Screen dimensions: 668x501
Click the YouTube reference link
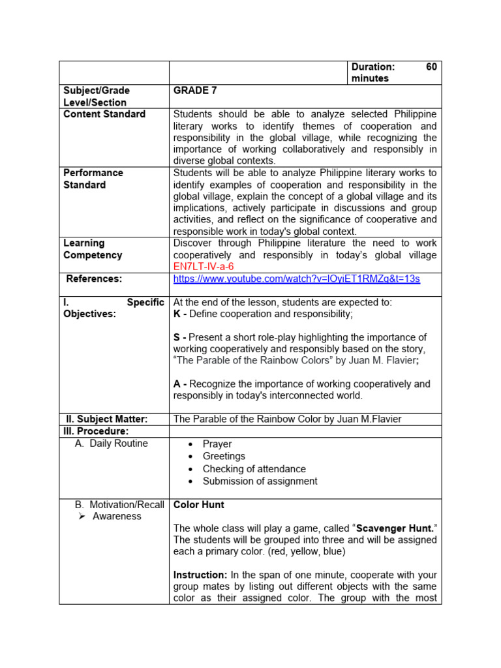[x=296, y=279]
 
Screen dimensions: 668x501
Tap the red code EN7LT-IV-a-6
[x=203, y=267]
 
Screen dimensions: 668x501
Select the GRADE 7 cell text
[x=191, y=91]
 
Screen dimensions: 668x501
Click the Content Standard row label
[x=104, y=114]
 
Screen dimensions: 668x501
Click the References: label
[x=94, y=279]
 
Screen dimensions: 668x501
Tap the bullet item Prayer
[x=217, y=444]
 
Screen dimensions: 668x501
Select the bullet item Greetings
[x=224, y=457]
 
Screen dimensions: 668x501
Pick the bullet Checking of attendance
[x=254, y=469]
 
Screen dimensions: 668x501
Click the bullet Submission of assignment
[x=260, y=481]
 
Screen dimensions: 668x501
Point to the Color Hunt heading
[x=198, y=505]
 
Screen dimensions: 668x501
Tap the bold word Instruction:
[x=200, y=575]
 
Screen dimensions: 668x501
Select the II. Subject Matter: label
[x=107, y=419]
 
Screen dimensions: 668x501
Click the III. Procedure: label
[x=96, y=431]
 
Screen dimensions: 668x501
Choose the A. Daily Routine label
[x=112, y=444]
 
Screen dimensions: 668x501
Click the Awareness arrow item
[x=117, y=517]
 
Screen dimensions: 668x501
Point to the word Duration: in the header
[x=373, y=67]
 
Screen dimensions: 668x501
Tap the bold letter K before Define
[x=177, y=314]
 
